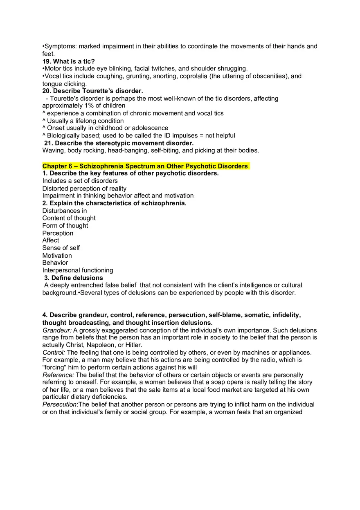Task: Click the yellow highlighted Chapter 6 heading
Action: (145, 166)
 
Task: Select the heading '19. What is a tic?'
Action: (68, 61)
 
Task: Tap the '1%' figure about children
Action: (94, 106)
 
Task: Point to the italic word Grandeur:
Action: (57, 330)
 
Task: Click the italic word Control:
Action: (54, 353)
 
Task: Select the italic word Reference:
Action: (58, 375)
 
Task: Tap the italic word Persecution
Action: (60, 404)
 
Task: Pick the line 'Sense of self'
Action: (61, 248)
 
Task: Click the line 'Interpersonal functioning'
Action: (78, 270)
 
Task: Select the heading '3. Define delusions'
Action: (74, 278)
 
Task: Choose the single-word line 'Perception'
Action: (58, 233)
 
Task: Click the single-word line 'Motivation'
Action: (57, 256)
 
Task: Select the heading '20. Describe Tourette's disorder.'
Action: (92, 91)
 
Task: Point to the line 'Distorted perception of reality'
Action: (84, 189)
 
